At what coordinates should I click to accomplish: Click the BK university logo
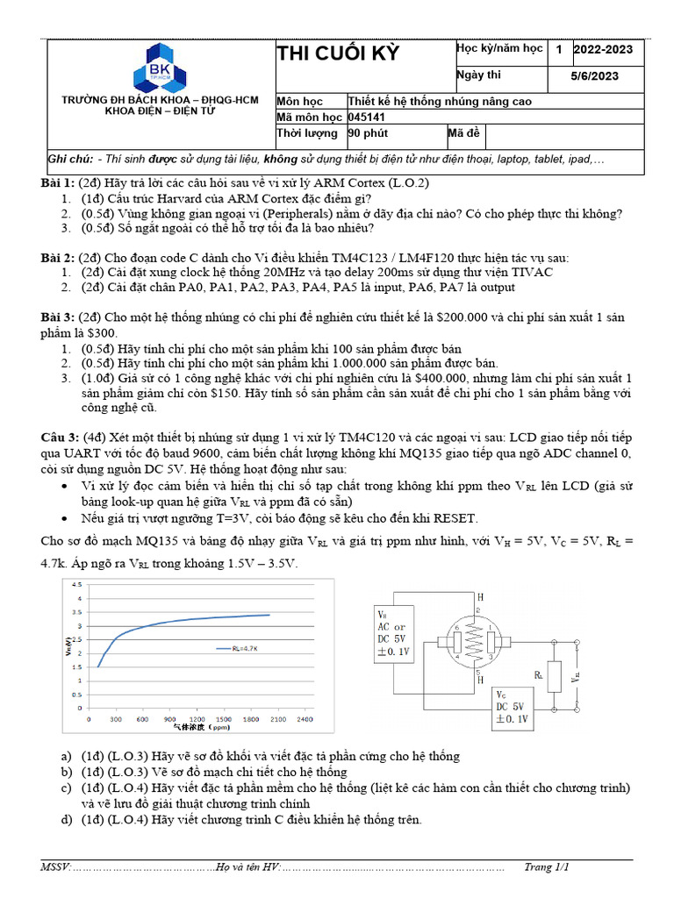coord(160,68)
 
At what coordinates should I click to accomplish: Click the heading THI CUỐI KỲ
coord(338,54)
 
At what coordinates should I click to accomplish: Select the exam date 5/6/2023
coord(594,76)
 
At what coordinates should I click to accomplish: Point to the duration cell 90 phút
coord(369,134)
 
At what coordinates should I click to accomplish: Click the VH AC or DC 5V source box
coord(391,633)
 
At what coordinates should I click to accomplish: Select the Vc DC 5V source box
coord(510,707)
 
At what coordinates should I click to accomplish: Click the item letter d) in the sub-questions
coord(65,820)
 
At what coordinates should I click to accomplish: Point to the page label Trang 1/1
coord(547,867)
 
